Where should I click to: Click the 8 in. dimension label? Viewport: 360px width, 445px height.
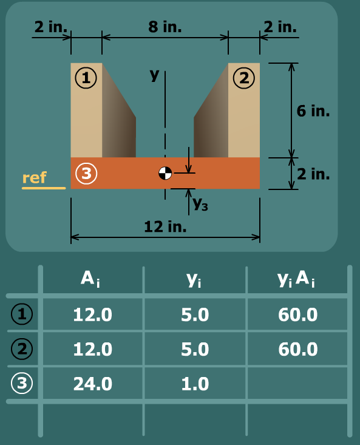point(165,27)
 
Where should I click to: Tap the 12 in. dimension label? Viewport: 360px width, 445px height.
point(165,227)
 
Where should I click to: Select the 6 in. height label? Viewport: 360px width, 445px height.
point(313,110)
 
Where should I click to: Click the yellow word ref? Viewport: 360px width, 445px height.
point(35,178)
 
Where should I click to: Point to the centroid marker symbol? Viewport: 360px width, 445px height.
point(165,173)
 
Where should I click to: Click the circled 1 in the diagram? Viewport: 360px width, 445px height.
point(86,78)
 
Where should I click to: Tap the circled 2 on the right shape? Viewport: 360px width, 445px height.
point(244,78)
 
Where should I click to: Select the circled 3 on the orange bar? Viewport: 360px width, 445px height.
point(86,173)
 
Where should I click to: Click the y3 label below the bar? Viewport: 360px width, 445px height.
point(200,204)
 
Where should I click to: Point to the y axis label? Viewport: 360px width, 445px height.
point(155,75)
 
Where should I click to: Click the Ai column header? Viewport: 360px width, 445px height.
point(90,279)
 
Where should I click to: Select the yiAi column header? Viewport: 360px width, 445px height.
point(296,279)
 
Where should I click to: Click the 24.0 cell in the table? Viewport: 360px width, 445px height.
point(93,384)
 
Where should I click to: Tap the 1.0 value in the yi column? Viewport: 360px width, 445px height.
point(195,384)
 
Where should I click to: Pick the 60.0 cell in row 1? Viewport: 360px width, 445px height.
point(298,314)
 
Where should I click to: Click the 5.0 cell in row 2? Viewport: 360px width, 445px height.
point(195,349)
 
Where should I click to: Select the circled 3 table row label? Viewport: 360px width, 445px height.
point(22,383)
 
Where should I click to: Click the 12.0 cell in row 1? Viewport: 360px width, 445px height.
point(93,314)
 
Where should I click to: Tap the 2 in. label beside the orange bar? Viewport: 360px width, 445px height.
point(313,174)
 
